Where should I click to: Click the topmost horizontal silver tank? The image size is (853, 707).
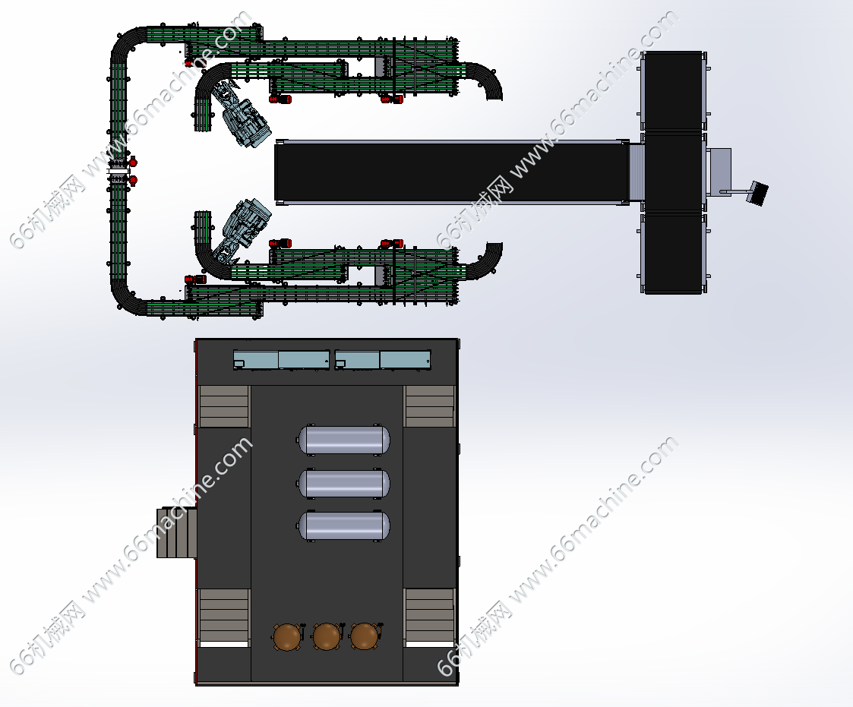pos(344,440)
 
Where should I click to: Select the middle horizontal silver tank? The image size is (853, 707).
pos(344,482)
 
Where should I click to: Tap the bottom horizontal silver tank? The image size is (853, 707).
pos(344,526)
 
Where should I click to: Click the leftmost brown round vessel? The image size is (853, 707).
pos(287,637)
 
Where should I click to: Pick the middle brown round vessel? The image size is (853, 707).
pos(327,637)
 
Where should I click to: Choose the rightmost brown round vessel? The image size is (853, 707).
pos(365,637)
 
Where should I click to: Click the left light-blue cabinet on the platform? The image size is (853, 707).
pos(281,360)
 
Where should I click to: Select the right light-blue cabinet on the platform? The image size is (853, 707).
pos(383,360)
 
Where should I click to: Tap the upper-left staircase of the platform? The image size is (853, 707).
pos(223,406)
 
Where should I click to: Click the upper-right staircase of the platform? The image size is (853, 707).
pos(430,406)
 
